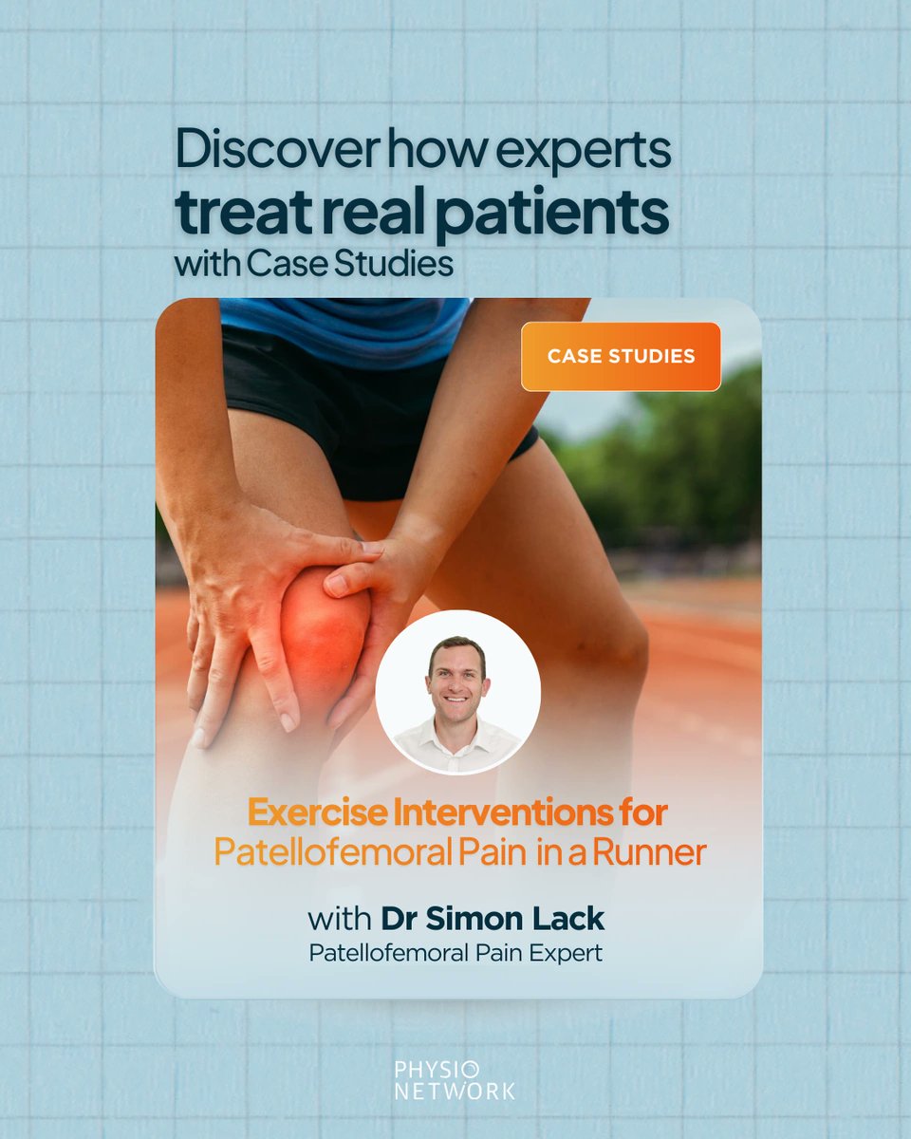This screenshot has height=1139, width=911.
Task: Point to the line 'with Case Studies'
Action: tap(313, 264)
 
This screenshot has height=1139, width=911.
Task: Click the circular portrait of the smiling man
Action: tap(458, 691)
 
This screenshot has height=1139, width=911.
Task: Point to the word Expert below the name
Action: tap(565, 953)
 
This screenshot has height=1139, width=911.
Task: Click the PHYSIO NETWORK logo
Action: tap(455, 1080)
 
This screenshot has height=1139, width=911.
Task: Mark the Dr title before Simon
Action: tap(397, 919)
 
